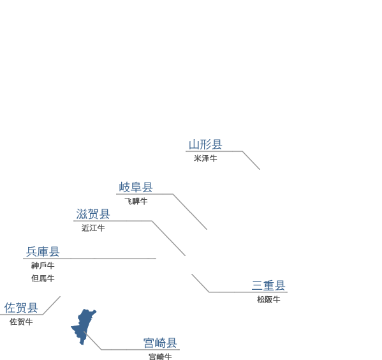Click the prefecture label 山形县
click(205, 144)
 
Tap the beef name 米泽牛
click(205, 158)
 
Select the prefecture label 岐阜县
click(136, 187)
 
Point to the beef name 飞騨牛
click(136, 201)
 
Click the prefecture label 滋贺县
click(93, 214)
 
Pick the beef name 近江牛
click(93, 228)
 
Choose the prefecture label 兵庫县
click(43, 251)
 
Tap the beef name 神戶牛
click(43, 266)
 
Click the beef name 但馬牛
click(43, 278)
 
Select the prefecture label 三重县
click(268, 285)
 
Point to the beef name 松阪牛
click(268, 299)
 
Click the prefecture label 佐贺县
click(21, 308)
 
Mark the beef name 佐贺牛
click(21, 322)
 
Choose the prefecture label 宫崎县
click(160, 343)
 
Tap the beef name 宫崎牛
click(160, 357)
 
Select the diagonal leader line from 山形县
click(251, 160)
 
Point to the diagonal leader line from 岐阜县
click(190, 212)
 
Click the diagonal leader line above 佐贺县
click(52, 305)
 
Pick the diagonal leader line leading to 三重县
click(200, 283)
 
